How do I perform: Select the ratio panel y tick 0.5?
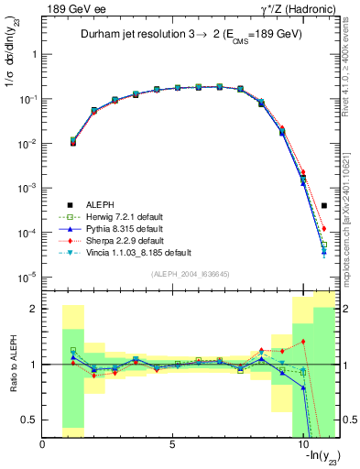(30, 420)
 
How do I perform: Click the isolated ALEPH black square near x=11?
(324, 206)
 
